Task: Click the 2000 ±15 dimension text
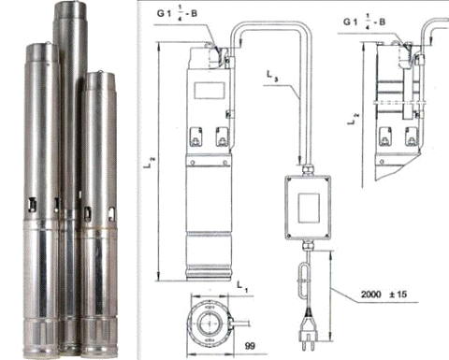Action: [x=384, y=295]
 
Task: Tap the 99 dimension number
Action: [x=250, y=346]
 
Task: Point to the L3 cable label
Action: [x=272, y=77]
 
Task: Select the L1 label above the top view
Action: [x=242, y=287]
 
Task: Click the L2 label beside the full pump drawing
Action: [x=149, y=163]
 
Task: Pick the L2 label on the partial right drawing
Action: [x=353, y=119]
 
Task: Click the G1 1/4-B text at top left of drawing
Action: [x=177, y=14]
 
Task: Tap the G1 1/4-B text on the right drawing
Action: [x=364, y=22]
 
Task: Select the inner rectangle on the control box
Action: [x=309, y=208]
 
